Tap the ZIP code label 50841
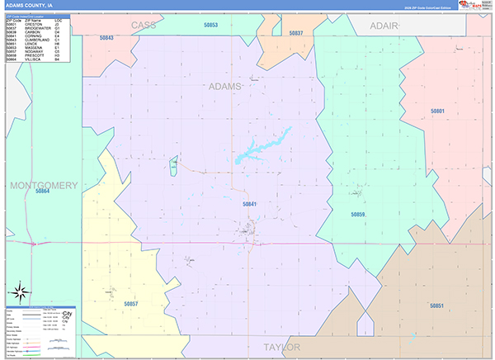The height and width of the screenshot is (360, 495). pos(249,204)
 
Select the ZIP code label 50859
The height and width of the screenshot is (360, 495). pos(357,214)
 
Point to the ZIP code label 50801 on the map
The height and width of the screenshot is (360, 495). pos(437,111)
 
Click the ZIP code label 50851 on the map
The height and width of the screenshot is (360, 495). pos(436,306)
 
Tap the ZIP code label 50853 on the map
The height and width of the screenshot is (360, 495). pos(210,26)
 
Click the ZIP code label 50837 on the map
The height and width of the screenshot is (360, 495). pos(296,33)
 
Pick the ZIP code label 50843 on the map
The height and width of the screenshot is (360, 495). pos(106,37)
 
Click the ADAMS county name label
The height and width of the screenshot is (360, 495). pos(225,86)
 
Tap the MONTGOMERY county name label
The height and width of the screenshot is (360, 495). pos(44,184)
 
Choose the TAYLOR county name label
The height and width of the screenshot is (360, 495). pos(281,347)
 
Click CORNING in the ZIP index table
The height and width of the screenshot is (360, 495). pos(34,36)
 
